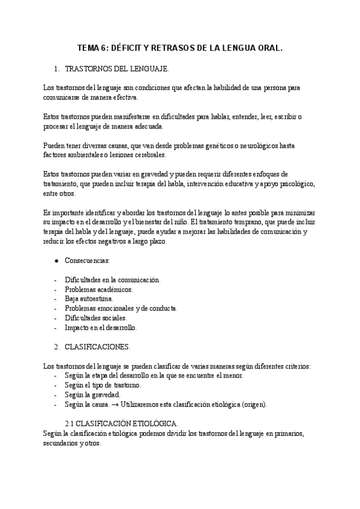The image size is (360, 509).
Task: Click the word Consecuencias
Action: [x=87, y=262]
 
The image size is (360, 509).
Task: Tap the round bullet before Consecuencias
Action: [x=56, y=262]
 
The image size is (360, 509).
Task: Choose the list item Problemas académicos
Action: [x=99, y=289]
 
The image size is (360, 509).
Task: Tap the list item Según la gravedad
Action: [x=92, y=395]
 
